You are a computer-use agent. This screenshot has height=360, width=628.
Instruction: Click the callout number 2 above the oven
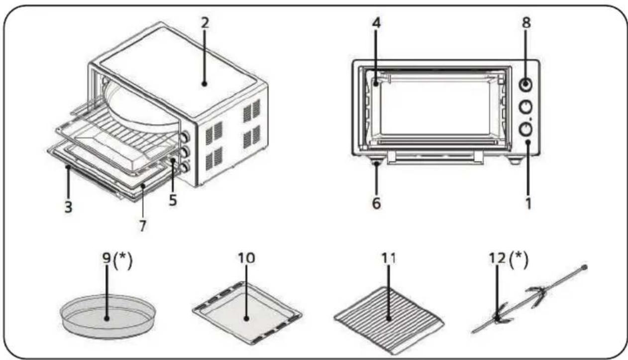point(205,22)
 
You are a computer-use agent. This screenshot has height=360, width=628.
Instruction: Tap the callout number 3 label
point(68,207)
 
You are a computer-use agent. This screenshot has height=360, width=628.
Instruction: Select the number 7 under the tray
point(143,226)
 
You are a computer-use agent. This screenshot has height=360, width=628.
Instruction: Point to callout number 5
point(173,200)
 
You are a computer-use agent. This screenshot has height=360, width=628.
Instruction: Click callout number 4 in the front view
point(377,23)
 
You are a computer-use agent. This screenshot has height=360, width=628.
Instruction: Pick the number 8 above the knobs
point(526,23)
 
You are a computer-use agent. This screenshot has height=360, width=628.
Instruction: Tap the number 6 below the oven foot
point(377,203)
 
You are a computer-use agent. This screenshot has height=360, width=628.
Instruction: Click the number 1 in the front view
point(528,204)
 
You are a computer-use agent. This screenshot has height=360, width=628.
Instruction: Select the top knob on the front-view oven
point(525,84)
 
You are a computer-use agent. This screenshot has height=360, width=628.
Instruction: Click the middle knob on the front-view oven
point(525,107)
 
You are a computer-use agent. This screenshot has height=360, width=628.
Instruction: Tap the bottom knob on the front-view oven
point(525,129)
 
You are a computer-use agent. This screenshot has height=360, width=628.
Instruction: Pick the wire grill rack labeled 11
point(389,320)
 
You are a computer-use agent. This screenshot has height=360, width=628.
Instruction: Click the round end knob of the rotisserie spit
point(584,267)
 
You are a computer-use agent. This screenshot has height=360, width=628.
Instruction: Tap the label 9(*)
point(117,260)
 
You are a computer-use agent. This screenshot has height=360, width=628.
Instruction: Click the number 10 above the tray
point(247,258)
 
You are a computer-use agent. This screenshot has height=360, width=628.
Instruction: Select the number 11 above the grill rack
point(389,258)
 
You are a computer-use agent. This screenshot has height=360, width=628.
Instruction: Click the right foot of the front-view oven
point(514,160)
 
